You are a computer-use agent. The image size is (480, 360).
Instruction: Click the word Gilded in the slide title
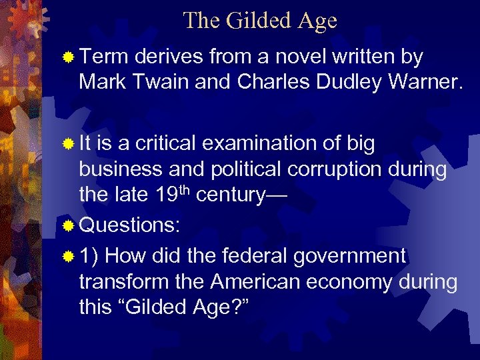[x=260, y=21]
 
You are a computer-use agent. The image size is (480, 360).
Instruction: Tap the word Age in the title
[x=317, y=21]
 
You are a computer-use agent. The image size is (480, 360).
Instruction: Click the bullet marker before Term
[x=67, y=59]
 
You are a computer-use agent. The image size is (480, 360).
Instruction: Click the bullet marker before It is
[x=67, y=144]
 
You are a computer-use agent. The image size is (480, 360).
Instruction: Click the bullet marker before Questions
[x=67, y=226]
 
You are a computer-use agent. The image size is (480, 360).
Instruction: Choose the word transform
[x=127, y=282]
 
